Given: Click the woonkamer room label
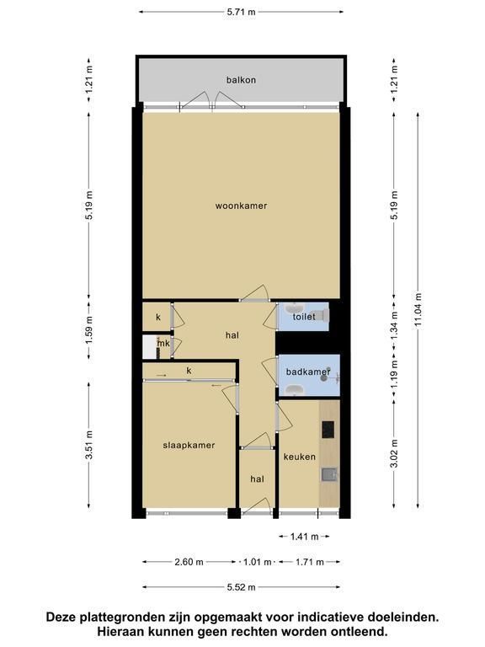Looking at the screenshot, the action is (x=241, y=206).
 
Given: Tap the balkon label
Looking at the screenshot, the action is (x=241, y=80).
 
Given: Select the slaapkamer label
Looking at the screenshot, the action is (x=189, y=445).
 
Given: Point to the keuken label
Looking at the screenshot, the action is (x=300, y=457).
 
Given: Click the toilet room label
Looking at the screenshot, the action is (x=304, y=317).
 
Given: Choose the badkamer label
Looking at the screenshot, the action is (x=308, y=372).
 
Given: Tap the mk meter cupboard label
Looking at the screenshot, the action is (x=163, y=343).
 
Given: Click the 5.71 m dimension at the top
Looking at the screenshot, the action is (x=242, y=12).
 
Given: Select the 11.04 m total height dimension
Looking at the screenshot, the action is (x=418, y=310).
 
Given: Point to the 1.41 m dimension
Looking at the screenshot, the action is (x=304, y=537).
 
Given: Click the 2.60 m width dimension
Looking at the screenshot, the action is (x=189, y=562).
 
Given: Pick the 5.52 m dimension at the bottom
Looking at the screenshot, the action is (x=242, y=586).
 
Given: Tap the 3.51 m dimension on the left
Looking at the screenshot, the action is (x=88, y=445).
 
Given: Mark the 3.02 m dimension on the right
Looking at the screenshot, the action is (x=395, y=453).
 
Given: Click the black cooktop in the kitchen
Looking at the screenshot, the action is (x=328, y=430).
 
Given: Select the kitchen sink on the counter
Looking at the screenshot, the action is (x=329, y=474).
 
